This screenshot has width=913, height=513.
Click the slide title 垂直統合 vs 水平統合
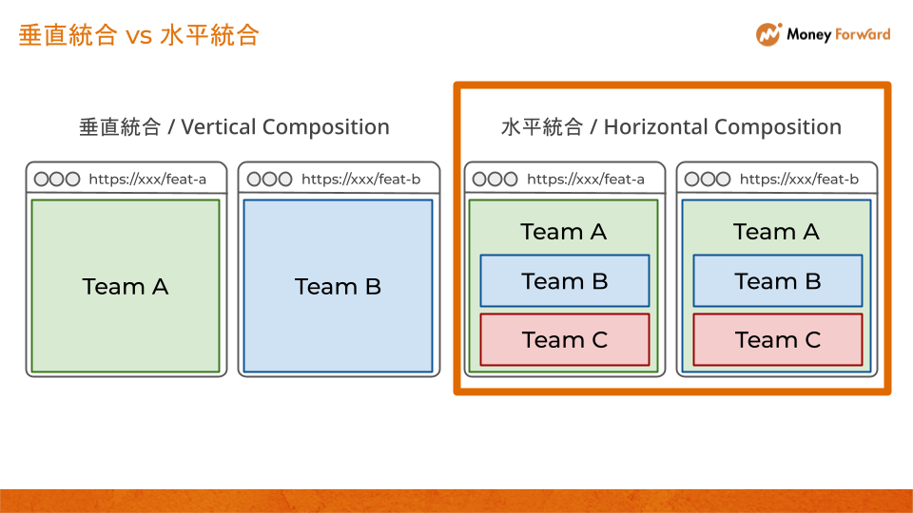pyautogui.click(x=139, y=35)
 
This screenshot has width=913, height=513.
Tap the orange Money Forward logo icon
pyautogui.click(x=768, y=34)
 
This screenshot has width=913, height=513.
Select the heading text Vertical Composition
pyautogui.click(x=284, y=127)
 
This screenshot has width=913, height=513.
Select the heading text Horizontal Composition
pyautogui.click(x=723, y=127)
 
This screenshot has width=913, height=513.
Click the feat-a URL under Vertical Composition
pyautogui.click(x=147, y=179)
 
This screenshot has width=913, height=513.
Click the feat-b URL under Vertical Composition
pyautogui.click(x=360, y=179)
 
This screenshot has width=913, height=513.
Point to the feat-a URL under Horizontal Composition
pyautogui.click(x=586, y=179)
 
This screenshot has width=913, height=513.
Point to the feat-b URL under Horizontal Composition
pyautogui.click(x=799, y=179)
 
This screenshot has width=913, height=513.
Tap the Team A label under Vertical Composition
pyautogui.click(x=126, y=287)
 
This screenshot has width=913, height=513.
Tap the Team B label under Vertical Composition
pyautogui.click(x=338, y=287)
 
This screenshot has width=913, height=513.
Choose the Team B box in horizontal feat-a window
pyautogui.click(x=565, y=281)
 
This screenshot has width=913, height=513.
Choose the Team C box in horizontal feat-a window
pyautogui.click(x=565, y=340)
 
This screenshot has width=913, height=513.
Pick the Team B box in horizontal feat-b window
pyautogui.click(x=778, y=281)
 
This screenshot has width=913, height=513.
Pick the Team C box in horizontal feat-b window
pyautogui.click(x=778, y=340)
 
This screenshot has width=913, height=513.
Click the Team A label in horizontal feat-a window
pyautogui.click(x=564, y=232)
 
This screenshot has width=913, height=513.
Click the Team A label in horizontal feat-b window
pyautogui.click(x=776, y=232)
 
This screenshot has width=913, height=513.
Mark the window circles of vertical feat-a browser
pyautogui.click(x=57, y=179)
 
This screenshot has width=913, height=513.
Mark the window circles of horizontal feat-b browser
pyautogui.click(x=708, y=179)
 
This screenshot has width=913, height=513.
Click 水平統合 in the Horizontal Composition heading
pyautogui.click(x=541, y=127)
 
